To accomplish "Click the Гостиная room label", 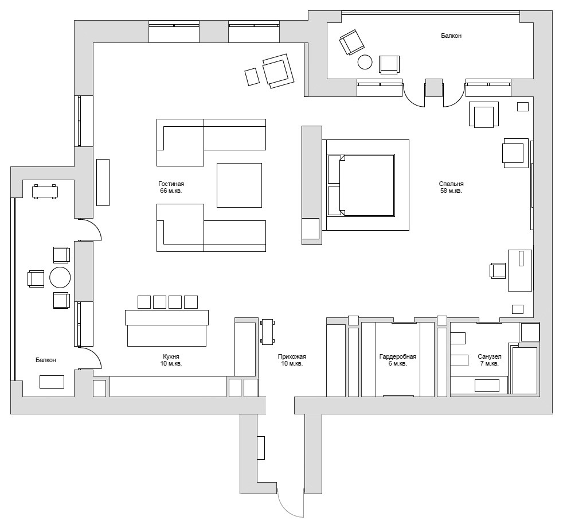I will click(171, 184).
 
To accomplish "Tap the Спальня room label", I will click(451, 184).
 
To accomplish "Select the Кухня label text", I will click(171, 356).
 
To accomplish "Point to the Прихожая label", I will click(292, 356).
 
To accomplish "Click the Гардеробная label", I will click(397, 356).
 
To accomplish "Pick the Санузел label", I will click(489, 356).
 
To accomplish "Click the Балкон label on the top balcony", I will click(451, 36).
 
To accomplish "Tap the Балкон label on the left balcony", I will click(46, 360).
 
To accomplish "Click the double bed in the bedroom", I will click(361, 185).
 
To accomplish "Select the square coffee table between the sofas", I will click(239, 185).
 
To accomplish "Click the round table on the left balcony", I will click(60, 277).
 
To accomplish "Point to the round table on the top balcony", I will click(365, 61).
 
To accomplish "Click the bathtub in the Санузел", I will click(525, 370).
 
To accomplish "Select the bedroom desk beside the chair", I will click(520, 270).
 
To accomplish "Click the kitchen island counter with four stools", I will click(166, 328).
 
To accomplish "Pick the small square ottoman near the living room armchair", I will click(252, 77).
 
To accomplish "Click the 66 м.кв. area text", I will click(171, 191).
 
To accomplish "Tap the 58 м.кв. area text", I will click(451, 191).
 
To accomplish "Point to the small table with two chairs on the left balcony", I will click(45, 192).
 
